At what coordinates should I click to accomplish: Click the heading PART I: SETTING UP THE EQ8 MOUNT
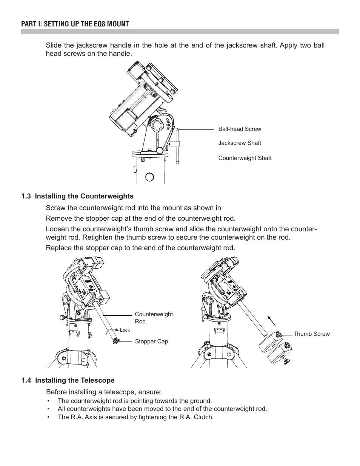tap(75, 24)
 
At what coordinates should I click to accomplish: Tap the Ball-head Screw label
tap(240, 129)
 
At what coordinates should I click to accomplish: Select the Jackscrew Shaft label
tap(240, 143)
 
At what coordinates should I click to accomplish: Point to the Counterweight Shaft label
tap(245, 158)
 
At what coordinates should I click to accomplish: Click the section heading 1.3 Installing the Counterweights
tap(77, 196)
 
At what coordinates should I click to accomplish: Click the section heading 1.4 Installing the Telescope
tap(68, 380)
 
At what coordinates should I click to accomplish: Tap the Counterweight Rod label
tap(154, 318)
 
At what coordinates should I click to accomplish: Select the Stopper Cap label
tap(151, 341)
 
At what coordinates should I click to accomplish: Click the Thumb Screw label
tap(311, 334)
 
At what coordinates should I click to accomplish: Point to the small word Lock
tap(125, 330)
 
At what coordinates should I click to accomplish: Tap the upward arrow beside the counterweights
tap(272, 320)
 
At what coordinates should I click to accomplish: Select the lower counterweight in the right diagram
tap(279, 354)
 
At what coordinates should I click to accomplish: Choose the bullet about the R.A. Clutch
tap(135, 417)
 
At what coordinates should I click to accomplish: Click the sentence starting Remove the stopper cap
tap(140, 218)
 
